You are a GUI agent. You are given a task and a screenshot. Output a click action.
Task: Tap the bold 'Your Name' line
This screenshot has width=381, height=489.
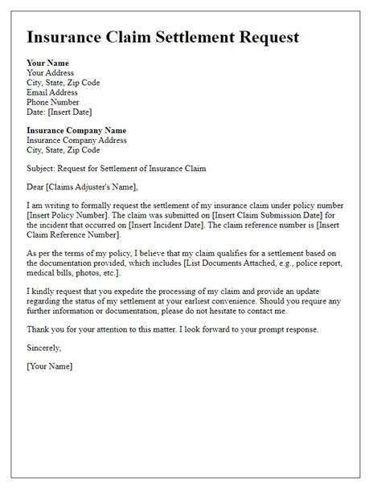pos(47,63)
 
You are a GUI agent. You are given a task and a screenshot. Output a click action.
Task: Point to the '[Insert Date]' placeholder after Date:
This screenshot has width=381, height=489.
pos(76,111)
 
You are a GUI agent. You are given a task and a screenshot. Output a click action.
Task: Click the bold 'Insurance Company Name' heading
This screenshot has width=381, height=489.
pos(76,130)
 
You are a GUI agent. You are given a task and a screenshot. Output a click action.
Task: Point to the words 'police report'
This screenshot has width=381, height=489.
pos(325,264)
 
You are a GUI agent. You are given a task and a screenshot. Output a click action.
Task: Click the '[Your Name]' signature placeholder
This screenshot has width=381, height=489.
pos(49,366)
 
